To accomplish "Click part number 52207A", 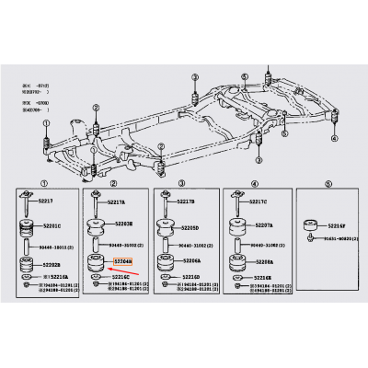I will point(261,225).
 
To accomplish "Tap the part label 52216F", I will point(334,224).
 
